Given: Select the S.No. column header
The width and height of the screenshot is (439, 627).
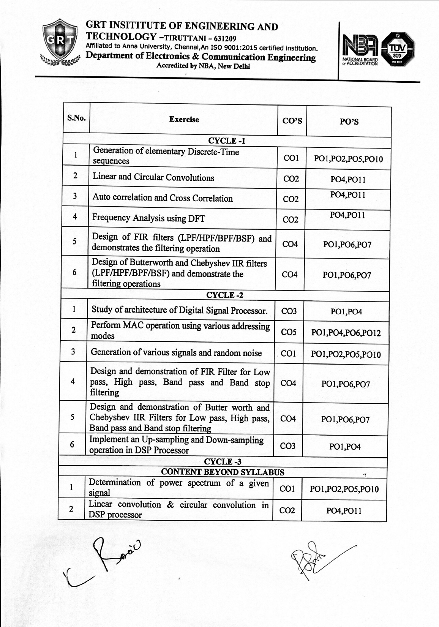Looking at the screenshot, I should (x=76, y=118).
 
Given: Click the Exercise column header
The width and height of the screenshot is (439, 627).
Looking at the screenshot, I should (x=184, y=120).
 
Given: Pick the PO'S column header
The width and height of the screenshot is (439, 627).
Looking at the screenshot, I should (x=349, y=122).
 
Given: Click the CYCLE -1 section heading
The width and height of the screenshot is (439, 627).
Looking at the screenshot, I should (x=227, y=141).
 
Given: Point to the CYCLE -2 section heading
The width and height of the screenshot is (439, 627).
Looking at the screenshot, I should (x=224, y=295).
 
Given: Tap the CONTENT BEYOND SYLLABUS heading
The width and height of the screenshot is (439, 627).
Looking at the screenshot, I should (x=223, y=472).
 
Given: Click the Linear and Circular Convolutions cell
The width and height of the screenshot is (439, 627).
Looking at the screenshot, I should (x=153, y=177).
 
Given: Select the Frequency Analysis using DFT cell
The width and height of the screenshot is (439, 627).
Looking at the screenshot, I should (x=148, y=218).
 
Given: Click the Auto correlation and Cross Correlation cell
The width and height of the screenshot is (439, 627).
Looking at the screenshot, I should (x=163, y=198).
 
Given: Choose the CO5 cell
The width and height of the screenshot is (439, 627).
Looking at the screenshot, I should (x=288, y=332).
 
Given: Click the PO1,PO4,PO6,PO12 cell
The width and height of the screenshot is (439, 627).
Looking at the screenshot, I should (x=346, y=333).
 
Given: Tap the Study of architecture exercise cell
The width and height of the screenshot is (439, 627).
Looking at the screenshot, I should (x=179, y=310).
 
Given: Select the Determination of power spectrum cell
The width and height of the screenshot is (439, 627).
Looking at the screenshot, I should (x=178, y=488).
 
